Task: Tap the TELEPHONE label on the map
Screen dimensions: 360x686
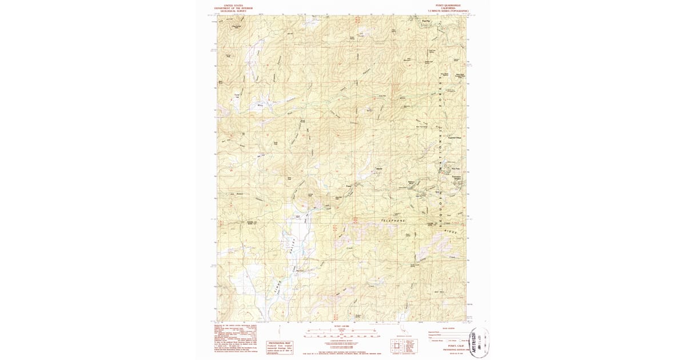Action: coord(393,220)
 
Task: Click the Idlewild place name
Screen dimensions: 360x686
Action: coord(378,170)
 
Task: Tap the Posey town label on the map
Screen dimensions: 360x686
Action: coord(349,186)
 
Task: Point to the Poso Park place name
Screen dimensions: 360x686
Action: coord(455,169)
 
